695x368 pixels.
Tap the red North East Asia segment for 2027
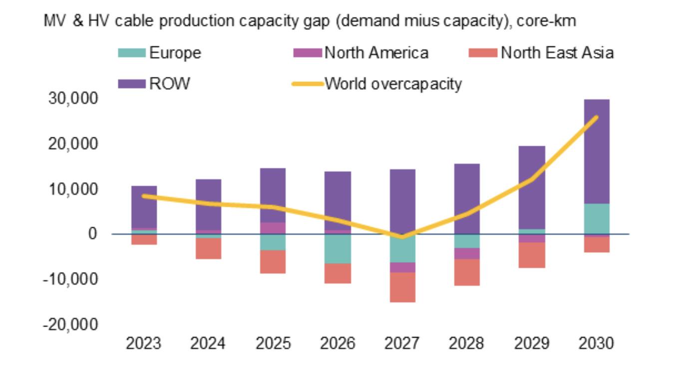402,287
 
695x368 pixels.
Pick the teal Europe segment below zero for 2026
338,248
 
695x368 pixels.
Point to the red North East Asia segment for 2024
208,248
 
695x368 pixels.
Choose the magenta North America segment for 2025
273,228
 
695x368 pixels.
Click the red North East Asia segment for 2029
532,255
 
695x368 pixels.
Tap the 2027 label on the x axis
402,344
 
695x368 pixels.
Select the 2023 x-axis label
144,344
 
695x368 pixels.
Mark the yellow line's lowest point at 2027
402,237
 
